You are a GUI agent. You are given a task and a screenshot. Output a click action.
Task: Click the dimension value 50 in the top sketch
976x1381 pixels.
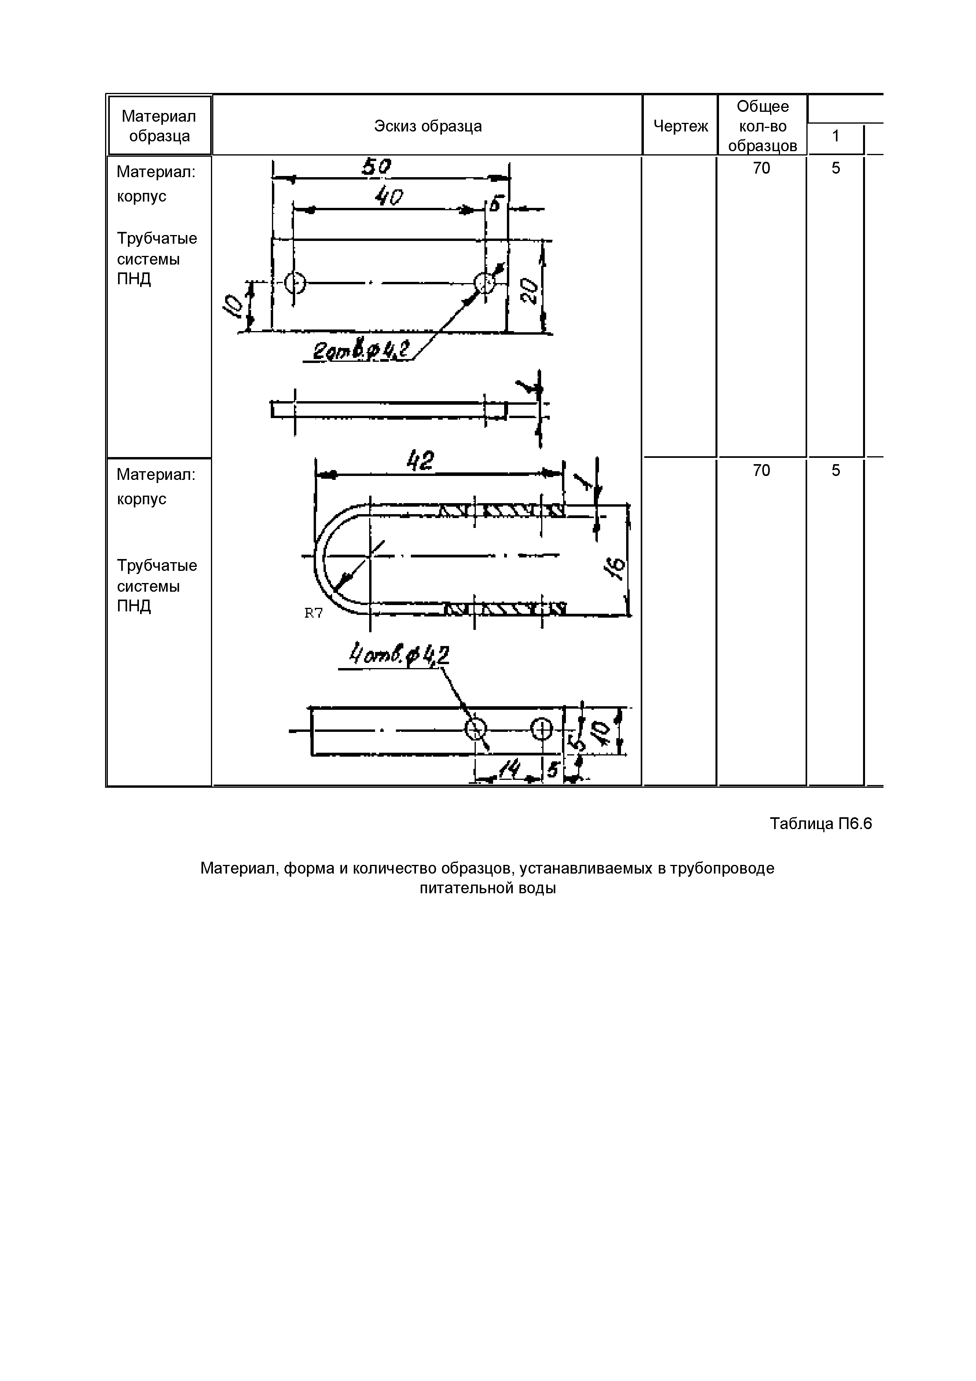coord(377,167)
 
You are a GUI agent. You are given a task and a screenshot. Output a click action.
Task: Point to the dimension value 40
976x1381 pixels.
coord(388,197)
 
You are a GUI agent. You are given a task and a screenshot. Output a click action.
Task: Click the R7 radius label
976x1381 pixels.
coord(313,613)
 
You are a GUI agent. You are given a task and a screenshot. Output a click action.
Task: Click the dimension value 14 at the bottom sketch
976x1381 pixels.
coord(510,769)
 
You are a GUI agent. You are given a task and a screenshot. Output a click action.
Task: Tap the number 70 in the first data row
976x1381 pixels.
coord(761,168)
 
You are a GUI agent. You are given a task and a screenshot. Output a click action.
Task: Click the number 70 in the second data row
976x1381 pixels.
coord(761,470)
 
